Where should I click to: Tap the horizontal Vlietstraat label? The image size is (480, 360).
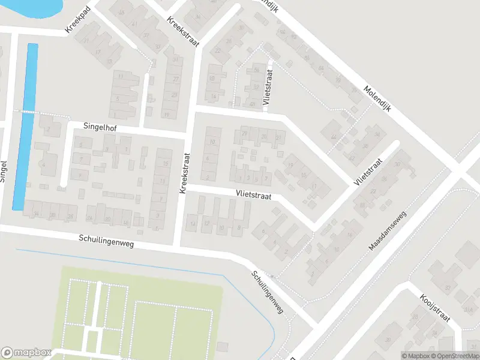click(254, 195)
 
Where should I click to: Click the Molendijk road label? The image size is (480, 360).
click(377, 100)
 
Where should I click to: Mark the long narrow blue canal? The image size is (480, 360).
click(25, 126)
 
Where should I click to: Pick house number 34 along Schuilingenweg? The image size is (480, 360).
click(36, 214)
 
